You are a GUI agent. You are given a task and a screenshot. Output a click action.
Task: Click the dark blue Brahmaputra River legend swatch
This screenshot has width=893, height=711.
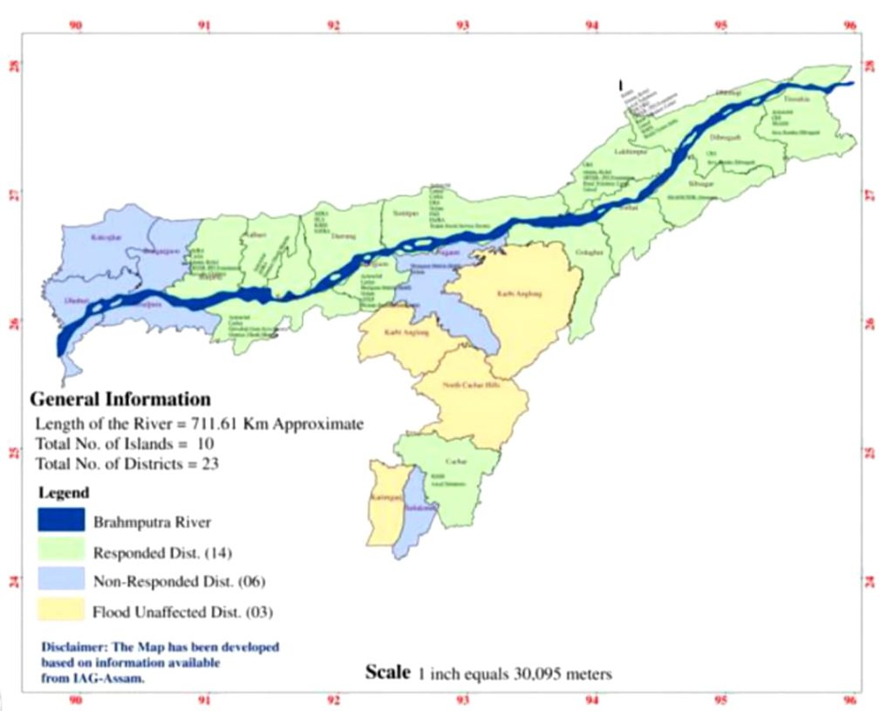[x=61, y=521]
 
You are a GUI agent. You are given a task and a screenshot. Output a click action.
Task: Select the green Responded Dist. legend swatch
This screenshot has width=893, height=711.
[x=61, y=551]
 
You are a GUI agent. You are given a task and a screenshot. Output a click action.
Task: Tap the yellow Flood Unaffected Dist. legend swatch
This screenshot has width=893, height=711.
[x=61, y=611]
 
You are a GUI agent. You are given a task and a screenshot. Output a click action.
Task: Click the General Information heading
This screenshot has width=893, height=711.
[x=120, y=400]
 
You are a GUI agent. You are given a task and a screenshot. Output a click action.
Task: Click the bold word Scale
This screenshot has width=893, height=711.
[x=386, y=672]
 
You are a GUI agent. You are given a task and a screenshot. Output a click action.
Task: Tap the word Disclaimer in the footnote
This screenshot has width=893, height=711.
[x=74, y=647]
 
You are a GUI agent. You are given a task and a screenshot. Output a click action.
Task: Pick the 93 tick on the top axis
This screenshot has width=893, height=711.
[x=462, y=25]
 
